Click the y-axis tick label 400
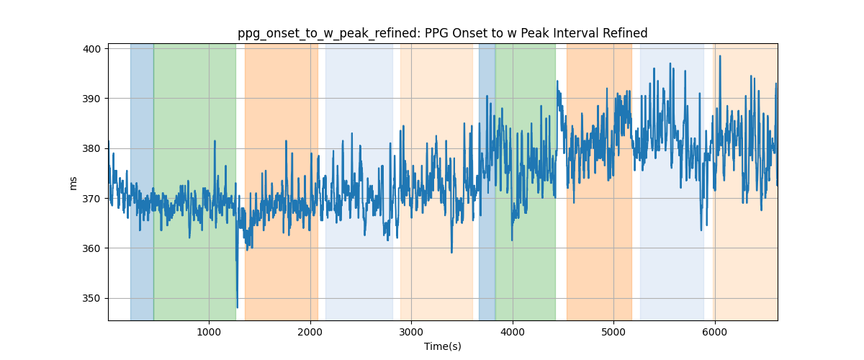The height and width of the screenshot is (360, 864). click(x=91, y=49)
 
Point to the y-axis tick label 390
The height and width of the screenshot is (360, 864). click(x=91, y=99)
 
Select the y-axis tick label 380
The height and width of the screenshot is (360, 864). click(x=91, y=148)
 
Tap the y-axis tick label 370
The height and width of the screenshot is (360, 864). click(x=91, y=199)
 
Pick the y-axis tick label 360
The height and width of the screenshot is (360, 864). click(x=91, y=248)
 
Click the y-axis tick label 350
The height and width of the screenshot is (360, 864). click(x=91, y=298)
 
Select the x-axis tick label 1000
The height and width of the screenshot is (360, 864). click(x=209, y=332)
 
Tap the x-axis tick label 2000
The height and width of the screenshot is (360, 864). click(x=310, y=332)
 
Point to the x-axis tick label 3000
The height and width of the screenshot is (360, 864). click(x=411, y=332)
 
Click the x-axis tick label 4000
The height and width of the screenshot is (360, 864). click(x=513, y=332)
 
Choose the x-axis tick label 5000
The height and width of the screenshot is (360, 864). click(x=613, y=332)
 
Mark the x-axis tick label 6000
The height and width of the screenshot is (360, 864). click(x=715, y=332)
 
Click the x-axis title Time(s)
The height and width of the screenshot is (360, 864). click(x=443, y=346)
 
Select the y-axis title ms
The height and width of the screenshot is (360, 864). click(x=73, y=184)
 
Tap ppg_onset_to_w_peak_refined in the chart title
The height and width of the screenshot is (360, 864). click(x=328, y=34)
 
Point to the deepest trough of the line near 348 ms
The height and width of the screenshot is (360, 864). click(x=237, y=307)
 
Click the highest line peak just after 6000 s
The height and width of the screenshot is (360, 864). click(x=720, y=56)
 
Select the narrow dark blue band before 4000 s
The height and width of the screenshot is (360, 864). click(x=487, y=181)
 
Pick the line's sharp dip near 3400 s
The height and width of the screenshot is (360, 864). click(x=451, y=252)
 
